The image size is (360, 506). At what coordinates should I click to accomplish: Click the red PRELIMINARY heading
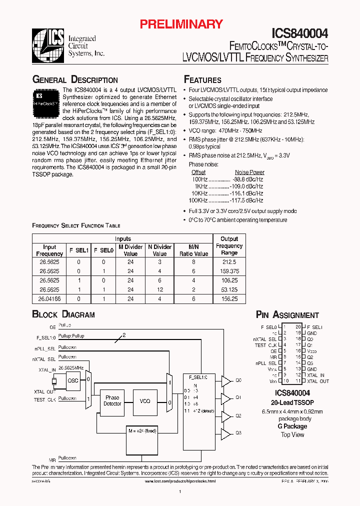click(180, 23)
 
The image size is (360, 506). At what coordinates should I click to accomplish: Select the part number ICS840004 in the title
click(300, 33)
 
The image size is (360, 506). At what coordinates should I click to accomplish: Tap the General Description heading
click(75, 80)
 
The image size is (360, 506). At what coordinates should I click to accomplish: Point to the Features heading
click(202, 80)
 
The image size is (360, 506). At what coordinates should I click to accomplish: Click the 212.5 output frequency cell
click(229, 261)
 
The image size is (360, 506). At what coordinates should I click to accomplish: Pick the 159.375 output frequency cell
click(229, 271)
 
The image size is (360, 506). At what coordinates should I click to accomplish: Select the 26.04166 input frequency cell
click(49, 299)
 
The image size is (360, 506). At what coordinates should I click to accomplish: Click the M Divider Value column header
click(130, 250)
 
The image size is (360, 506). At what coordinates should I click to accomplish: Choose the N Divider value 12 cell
click(159, 289)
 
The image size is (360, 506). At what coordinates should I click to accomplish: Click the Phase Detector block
click(112, 400)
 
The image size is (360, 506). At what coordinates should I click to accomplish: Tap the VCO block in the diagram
click(145, 401)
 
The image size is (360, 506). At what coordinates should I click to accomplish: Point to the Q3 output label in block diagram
click(238, 432)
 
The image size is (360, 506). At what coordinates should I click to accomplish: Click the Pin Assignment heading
click(287, 315)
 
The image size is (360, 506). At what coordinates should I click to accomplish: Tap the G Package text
click(292, 426)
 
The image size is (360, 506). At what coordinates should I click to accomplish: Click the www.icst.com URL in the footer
click(180, 481)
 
